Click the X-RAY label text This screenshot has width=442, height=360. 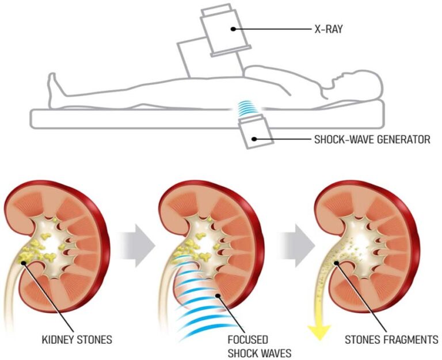coord(329,27)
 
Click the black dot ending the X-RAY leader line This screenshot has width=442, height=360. coord(233,28)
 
